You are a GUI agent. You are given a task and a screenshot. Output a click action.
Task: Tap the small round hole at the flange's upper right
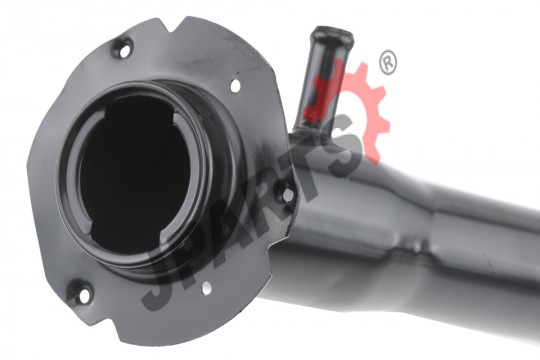point(235,85)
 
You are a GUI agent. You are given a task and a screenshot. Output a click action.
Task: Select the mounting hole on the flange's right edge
point(287,195)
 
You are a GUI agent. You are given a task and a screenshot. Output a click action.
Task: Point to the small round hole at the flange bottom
point(207,288)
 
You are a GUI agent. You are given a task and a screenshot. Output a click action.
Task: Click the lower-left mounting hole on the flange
point(84,296)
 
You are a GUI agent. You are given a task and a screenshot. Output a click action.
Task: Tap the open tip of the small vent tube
point(332,34)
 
